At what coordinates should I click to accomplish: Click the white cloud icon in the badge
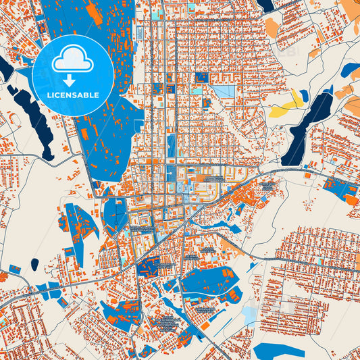point(72,59)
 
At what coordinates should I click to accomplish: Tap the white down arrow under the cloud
point(72,79)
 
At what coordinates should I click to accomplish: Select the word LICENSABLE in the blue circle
point(72,95)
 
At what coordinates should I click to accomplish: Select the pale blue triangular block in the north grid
point(224,91)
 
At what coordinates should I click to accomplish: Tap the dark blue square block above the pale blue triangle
point(201,77)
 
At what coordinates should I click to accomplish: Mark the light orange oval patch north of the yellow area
point(271,28)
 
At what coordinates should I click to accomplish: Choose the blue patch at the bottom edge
point(278,351)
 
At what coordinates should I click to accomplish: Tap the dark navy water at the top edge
point(266,5)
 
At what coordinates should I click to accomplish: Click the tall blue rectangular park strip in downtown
point(172,145)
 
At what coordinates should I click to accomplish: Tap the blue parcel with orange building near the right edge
point(348,192)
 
